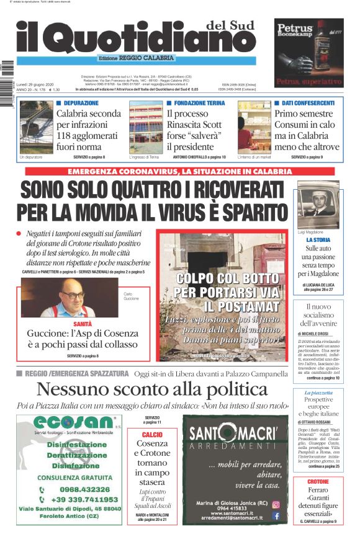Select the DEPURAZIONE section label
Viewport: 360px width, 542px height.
click(x=81, y=103)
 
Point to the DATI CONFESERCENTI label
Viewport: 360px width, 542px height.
click(x=308, y=103)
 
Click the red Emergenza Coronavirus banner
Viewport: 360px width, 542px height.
click(x=179, y=171)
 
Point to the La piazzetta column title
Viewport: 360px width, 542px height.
click(x=318, y=393)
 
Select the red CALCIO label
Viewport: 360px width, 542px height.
click(x=152, y=435)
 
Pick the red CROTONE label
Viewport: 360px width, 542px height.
click(x=318, y=481)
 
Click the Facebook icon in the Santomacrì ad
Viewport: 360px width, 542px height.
click(x=276, y=515)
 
